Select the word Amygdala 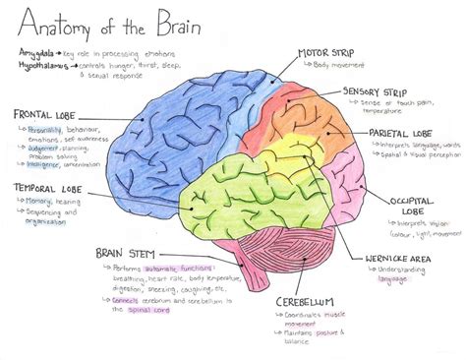pos(36,48)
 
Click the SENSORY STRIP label pos(375,90)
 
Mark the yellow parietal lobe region pos(295,157)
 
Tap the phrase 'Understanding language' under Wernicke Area pos(403,273)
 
